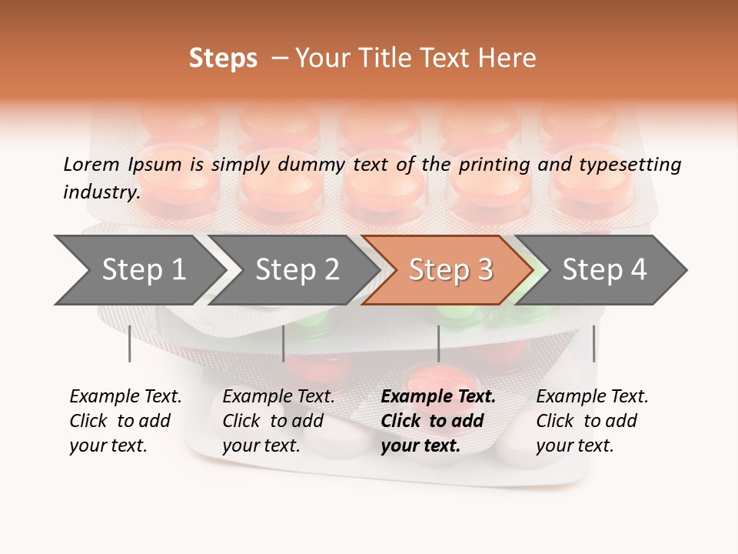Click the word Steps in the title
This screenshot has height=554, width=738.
(223, 58)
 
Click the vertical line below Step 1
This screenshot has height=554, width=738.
(130, 343)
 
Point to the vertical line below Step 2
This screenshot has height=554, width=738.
(284, 343)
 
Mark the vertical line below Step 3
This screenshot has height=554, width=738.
(438, 343)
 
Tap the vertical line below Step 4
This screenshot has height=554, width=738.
(593, 343)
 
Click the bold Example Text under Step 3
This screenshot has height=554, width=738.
(438, 397)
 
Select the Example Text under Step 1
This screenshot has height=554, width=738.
(125, 397)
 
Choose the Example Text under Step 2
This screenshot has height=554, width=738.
(278, 397)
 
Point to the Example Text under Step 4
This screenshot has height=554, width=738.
(592, 397)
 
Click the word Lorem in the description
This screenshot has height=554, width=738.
(91, 165)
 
